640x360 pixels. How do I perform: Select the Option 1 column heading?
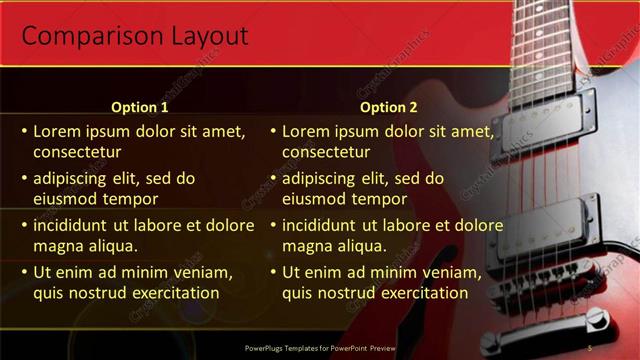pos(139,107)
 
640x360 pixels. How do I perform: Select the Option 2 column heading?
pos(389,107)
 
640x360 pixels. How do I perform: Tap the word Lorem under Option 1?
pos(57,131)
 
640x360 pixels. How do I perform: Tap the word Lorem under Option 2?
pos(305,131)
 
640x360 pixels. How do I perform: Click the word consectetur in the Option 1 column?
pos(77,152)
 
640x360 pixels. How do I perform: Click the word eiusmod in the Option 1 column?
pos(66,199)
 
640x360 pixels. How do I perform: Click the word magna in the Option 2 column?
pos(306,246)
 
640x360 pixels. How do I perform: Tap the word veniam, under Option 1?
pos(204,272)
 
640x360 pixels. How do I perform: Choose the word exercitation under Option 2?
pos(416,293)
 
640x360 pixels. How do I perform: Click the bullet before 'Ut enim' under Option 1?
pos(24,272)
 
